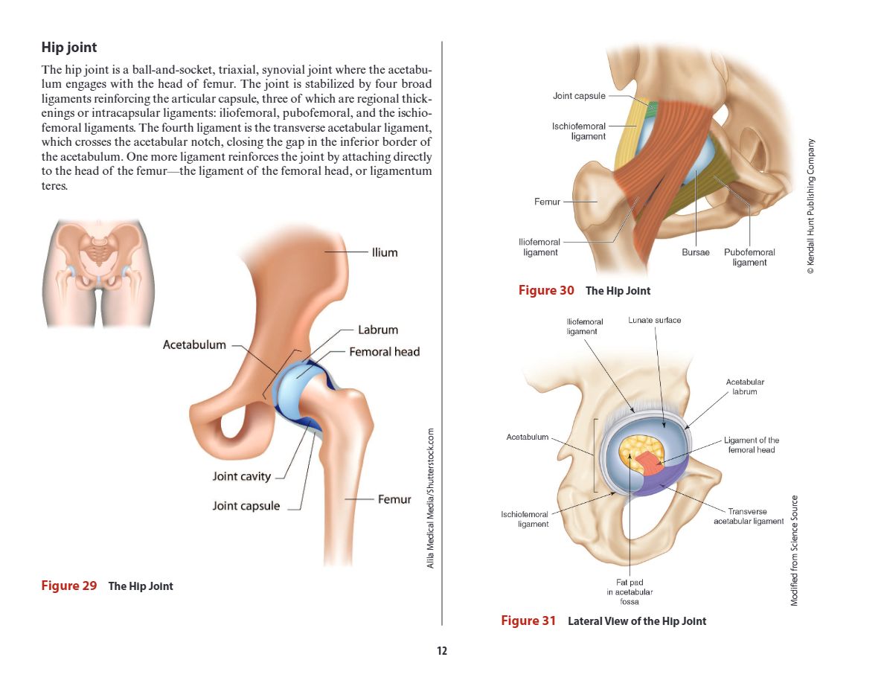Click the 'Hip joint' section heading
pyautogui.click(x=69, y=48)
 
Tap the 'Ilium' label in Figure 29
pyautogui.click(x=385, y=253)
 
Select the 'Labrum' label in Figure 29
pyautogui.click(x=378, y=330)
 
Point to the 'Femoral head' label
pyautogui.click(x=385, y=352)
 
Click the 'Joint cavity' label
pyautogui.click(x=242, y=477)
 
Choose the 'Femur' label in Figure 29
pyautogui.click(x=394, y=499)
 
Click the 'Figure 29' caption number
pyautogui.click(x=69, y=586)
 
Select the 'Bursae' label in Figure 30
pyautogui.click(x=696, y=253)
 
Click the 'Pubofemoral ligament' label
pyautogui.click(x=749, y=257)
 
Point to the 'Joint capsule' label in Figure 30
pyautogui.click(x=579, y=96)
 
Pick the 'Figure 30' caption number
pyautogui.click(x=546, y=290)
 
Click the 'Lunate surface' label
pyautogui.click(x=654, y=320)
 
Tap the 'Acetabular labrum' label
pyautogui.click(x=745, y=387)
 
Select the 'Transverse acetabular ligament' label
pyautogui.click(x=749, y=516)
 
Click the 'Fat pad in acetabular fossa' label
pyautogui.click(x=630, y=591)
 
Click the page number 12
pyautogui.click(x=442, y=651)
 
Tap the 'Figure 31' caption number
pyautogui.click(x=528, y=621)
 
